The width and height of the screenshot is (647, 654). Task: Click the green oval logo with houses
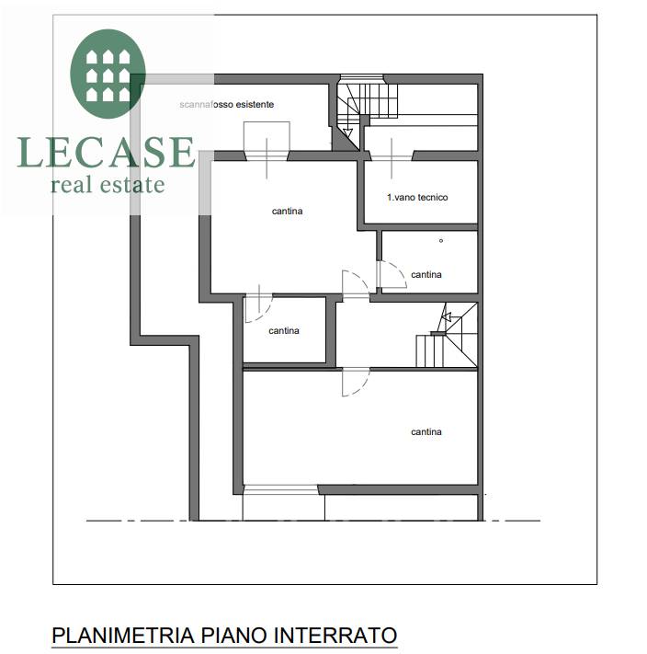[x=108, y=74]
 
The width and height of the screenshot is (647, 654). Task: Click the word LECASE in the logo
[x=106, y=153]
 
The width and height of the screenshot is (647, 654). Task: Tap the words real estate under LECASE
[x=108, y=185]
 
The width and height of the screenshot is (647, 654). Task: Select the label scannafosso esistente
[x=227, y=104]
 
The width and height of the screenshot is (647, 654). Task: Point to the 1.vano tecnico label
[x=417, y=197]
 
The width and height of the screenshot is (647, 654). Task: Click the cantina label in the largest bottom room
[x=426, y=431]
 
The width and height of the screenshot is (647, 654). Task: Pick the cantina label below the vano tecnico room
[x=426, y=274]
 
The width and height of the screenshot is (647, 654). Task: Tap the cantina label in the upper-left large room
[x=287, y=211]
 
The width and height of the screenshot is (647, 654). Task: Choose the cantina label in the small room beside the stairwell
[x=284, y=331]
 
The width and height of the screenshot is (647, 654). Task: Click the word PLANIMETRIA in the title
[x=123, y=636]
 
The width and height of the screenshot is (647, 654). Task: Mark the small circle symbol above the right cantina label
[x=441, y=241]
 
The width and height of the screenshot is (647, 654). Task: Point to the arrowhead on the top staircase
[x=347, y=133]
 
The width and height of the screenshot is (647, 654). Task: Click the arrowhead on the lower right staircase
[x=446, y=317]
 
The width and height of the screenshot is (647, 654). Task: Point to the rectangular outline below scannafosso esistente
[x=267, y=138]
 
